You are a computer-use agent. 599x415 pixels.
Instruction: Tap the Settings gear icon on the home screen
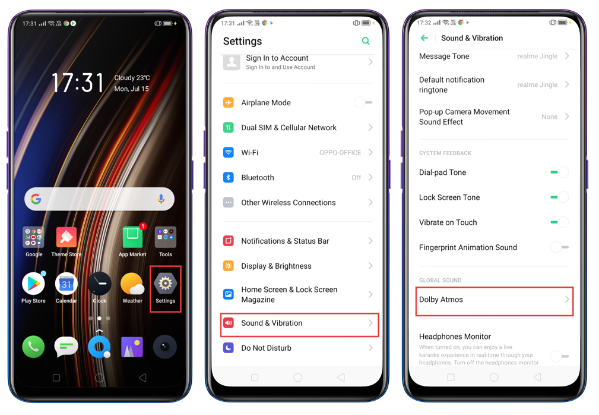(166, 284)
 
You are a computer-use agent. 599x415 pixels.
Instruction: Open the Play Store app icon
(34, 284)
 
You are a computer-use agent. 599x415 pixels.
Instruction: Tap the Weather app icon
(132, 284)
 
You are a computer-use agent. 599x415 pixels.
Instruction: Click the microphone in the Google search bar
(161, 199)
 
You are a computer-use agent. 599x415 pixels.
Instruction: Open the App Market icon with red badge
(132, 237)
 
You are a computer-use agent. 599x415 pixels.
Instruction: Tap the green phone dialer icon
(34, 347)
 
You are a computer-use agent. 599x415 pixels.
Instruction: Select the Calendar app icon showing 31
(66, 284)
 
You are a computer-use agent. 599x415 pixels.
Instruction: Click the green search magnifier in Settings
(366, 41)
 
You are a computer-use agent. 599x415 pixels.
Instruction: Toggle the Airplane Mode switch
(363, 102)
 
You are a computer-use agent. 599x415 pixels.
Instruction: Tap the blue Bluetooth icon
(229, 177)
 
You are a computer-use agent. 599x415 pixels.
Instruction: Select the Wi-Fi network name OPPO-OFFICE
(340, 153)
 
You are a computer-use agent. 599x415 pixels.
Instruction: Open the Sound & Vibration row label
(272, 323)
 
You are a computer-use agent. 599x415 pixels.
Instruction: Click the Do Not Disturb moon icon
(229, 348)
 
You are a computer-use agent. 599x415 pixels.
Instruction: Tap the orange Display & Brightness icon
(229, 266)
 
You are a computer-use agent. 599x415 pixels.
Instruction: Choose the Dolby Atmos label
(441, 300)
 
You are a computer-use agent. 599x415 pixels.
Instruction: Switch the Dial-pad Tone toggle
(560, 172)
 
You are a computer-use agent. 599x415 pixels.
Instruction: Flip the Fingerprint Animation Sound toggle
(560, 247)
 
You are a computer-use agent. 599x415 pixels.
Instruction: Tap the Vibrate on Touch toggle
(560, 222)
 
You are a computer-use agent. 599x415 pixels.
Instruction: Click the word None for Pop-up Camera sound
(549, 117)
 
